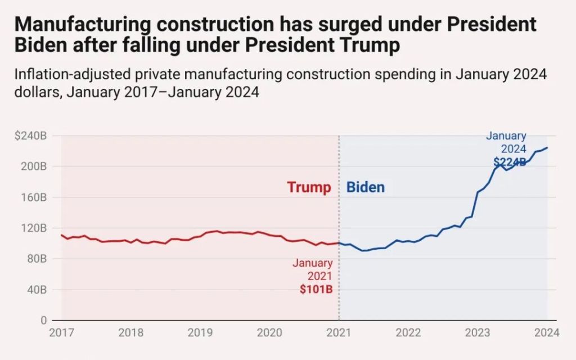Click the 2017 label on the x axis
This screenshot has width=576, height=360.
coord(61,332)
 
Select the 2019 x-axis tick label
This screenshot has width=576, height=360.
coord(200,332)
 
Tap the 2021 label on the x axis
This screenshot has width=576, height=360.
coord(339,332)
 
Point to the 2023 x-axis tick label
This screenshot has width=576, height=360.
coord(478,332)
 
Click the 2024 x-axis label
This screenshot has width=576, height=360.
coord(547,332)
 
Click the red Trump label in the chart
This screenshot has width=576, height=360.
coord(309,187)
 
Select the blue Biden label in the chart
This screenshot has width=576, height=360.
coord(366,187)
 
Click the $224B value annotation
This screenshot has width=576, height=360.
coord(509,162)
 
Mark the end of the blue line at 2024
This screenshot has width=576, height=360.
coord(547,148)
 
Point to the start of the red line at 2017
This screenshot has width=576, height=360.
coord(61,235)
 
